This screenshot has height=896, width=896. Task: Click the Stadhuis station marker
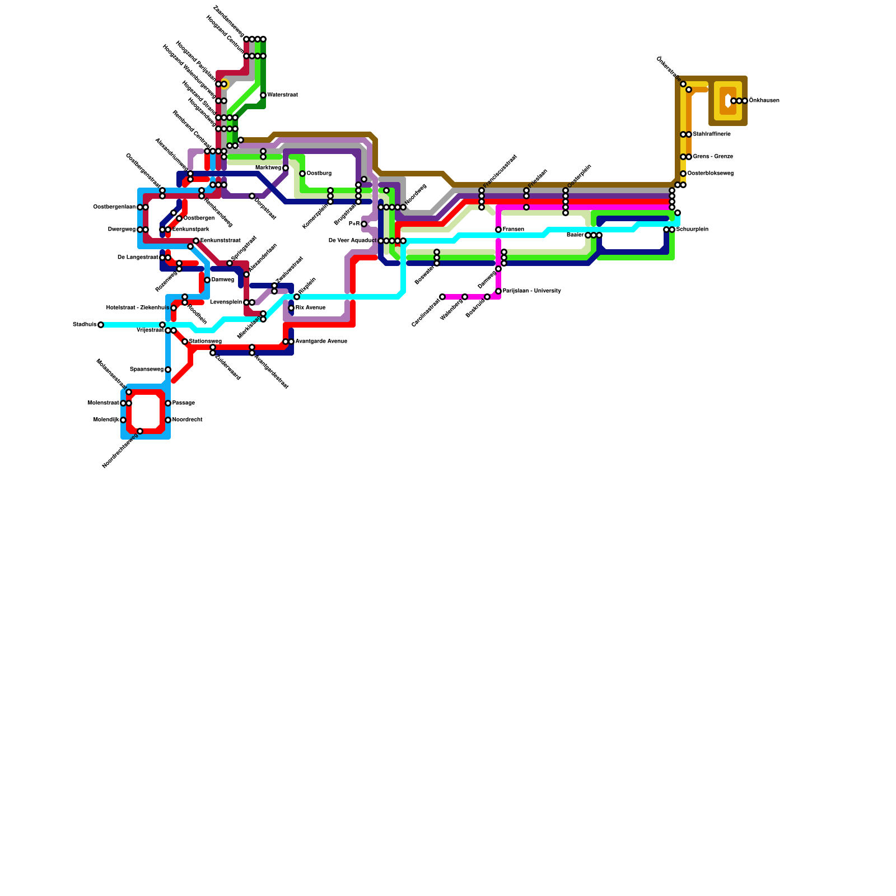coord(101,325)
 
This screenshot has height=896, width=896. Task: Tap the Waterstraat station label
coord(282,95)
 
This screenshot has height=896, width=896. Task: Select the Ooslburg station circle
coord(302,174)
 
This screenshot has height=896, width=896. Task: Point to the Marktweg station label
coord(268,168)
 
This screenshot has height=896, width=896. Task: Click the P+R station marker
coord(364,224)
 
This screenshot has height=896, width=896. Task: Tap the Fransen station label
coord(513,230)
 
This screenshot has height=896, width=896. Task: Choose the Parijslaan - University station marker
coord(498,291)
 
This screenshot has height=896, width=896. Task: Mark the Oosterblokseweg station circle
coord(683,174)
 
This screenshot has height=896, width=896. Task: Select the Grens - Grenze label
coord(713,157)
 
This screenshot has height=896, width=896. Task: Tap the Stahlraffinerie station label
coord(712,134)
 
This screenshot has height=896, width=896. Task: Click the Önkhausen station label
coord(764,101)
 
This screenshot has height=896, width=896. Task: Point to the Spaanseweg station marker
coord(168,370)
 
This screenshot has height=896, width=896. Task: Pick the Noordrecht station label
coord(188,420)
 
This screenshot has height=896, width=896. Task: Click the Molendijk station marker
coord(123,420)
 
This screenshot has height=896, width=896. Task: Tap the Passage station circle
coord(168,403)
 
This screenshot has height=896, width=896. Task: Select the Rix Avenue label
coord(310,308)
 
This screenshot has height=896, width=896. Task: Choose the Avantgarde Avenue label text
coord(321,342)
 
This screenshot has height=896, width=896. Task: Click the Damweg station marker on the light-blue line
coord(207,280)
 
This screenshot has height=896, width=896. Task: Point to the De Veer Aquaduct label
coord(352,241)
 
